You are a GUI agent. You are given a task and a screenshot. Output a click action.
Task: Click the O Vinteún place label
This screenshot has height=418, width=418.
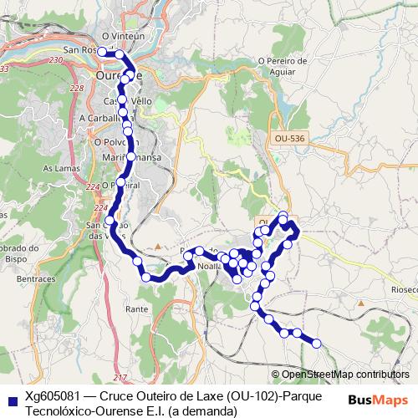point(117,37)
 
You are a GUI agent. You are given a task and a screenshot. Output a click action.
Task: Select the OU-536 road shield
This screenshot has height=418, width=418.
point(287,137)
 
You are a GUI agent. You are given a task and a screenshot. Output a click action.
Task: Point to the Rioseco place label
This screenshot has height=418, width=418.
point(403,289)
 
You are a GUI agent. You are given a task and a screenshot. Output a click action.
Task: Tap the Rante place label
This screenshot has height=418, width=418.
point(136,308)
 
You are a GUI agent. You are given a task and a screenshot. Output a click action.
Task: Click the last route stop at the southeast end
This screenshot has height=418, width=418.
point(316,343)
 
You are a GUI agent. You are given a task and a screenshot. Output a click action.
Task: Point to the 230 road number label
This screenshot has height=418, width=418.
point(57,62)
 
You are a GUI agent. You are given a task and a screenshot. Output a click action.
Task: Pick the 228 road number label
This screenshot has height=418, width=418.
point(77,89)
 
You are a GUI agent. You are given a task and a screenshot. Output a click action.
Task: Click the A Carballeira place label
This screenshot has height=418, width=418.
point(104,119)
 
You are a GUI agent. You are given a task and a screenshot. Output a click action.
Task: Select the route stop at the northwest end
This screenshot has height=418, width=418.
point(102,52)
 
